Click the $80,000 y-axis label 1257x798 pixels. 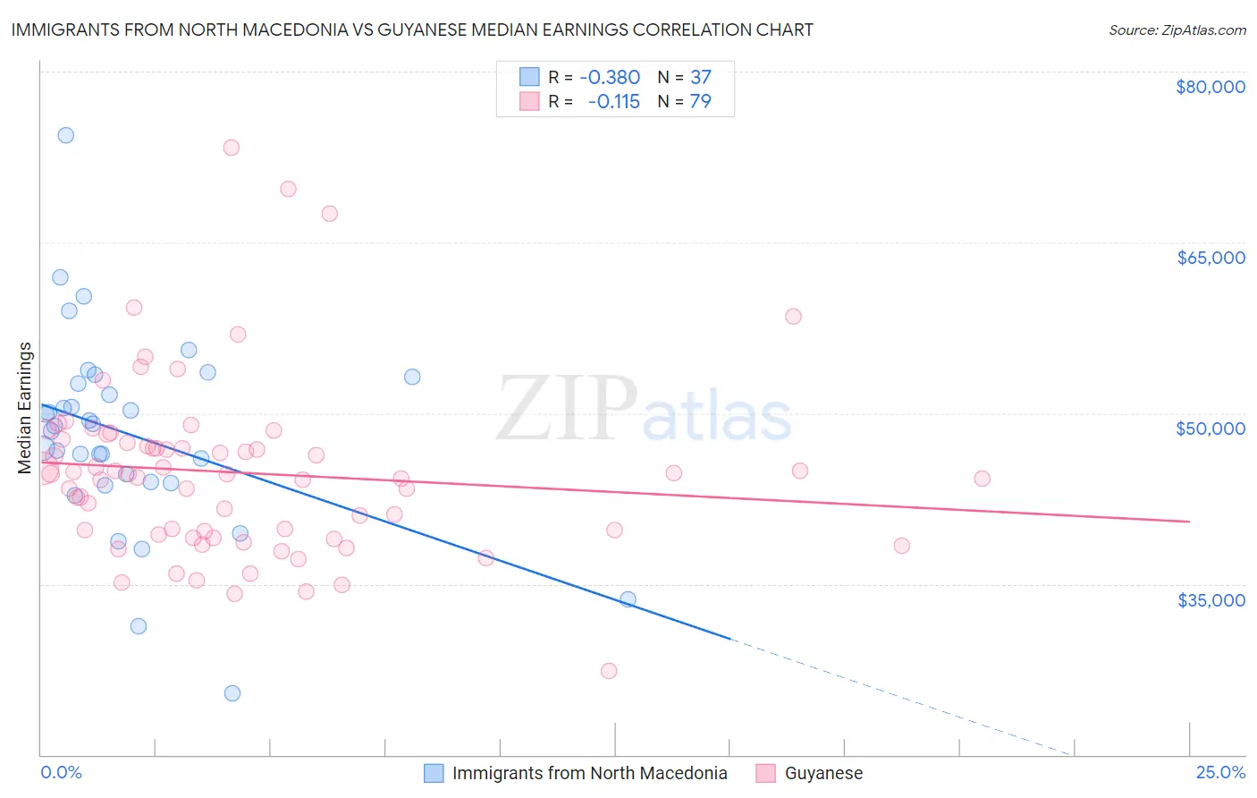[x=1210, y=87]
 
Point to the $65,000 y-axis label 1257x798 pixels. [x=1210, y=258]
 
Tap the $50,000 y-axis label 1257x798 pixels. [x=1210, y=429]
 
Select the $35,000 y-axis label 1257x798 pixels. [x=1211, y=599]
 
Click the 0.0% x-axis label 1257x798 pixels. [x=61, y=772]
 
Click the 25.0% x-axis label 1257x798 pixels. [x=1220, y=772]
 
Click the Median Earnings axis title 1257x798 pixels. [x=25, y=408]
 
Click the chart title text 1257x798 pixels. [x=412, y=30]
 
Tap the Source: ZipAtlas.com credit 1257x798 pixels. [x=1177, y=30]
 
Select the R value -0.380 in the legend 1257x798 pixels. [x=610, y=77]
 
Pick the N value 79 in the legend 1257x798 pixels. [x=700, y=101]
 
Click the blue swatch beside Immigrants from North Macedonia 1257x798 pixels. [x=434, y=773]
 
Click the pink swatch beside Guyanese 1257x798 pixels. [x=765, y=773]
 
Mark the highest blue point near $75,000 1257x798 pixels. [x=65, y=135]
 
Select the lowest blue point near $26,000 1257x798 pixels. [x=232, y=693]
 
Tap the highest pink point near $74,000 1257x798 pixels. [x=231, y=148]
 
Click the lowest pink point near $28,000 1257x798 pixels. [x=609, y=671]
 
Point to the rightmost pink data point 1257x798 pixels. [x=982, y=479]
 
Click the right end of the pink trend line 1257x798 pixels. [x=1189, y=521]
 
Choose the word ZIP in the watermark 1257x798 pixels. [x=566, y=409]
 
